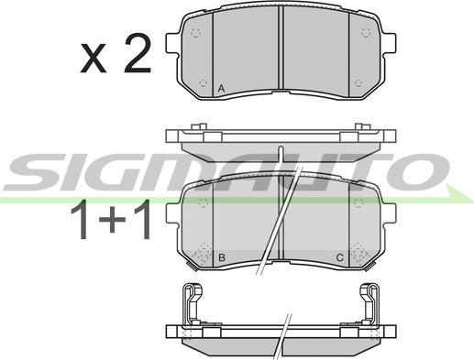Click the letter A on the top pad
tap(221, 89)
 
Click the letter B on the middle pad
tap(222, 257)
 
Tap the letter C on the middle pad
tap(339, 257)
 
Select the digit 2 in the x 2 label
tap(138, 53)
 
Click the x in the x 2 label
tap(94, 58)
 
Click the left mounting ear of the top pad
tap(172, 43)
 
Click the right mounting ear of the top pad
tap(389, 43)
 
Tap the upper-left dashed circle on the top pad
tap(195, 32)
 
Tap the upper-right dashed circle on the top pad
tap(366, 32)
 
